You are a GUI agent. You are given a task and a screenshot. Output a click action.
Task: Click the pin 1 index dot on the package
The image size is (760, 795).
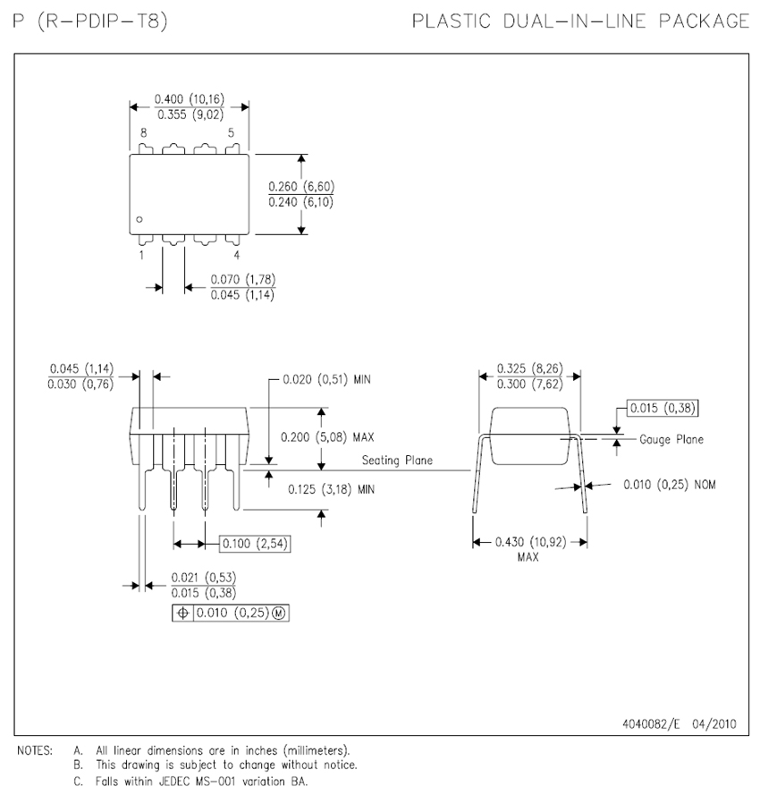tap(139, 220)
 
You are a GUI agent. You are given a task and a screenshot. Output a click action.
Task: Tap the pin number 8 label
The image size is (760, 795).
tap(143, 132)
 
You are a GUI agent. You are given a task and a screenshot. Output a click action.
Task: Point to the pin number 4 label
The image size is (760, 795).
tap(236, 255)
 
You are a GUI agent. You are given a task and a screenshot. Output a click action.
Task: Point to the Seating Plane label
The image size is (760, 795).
tap(397, 461)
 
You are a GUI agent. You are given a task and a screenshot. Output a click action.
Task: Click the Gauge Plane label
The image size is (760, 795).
tap(671, 439)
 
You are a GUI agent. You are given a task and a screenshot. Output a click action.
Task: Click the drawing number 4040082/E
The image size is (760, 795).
tap(652, 725)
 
